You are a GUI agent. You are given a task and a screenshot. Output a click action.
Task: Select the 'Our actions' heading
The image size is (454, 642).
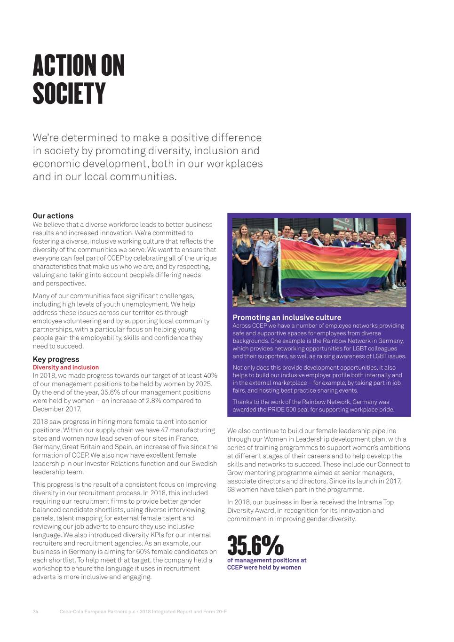[x=53, y=216]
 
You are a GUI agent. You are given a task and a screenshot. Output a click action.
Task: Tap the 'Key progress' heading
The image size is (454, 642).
[x=56, y=359]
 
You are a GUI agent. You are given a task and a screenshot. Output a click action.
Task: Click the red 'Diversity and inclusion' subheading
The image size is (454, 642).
[x=66, y=367]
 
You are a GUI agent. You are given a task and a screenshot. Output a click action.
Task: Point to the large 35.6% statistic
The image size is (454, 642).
[x=255, y=545]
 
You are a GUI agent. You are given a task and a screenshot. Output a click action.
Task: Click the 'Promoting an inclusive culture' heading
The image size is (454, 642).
[x=287, y=317]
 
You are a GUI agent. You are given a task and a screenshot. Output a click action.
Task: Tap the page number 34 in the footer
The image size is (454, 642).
[x=35, y=611]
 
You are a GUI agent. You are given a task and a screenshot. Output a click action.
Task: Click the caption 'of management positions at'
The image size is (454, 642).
[x=267, y=560]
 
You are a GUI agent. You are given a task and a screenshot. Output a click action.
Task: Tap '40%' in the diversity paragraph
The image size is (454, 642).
[x=209, y=375]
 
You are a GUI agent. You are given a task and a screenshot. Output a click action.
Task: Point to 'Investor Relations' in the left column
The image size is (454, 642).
[x=113, y=463]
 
